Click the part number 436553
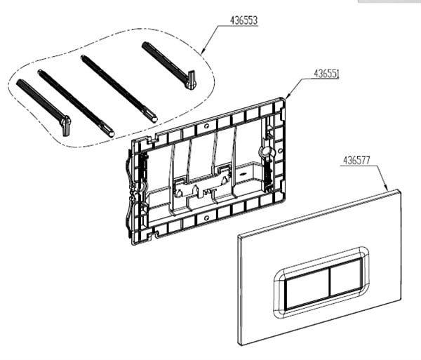(243, 20)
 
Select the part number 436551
(326, 73)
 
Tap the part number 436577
(356, 160)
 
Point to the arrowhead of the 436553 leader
(203, 51)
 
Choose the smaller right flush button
(345, 277)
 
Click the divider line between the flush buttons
(330, 282)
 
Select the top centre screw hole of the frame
(206, 126)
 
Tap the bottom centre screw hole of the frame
(206, 218)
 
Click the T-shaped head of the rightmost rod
(191, 80)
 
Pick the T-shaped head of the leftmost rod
(65, 126)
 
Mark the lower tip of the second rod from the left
(111, 133)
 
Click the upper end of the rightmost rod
(144, 45)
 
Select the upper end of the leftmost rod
(19, 82)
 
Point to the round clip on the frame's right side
(267, 152)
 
